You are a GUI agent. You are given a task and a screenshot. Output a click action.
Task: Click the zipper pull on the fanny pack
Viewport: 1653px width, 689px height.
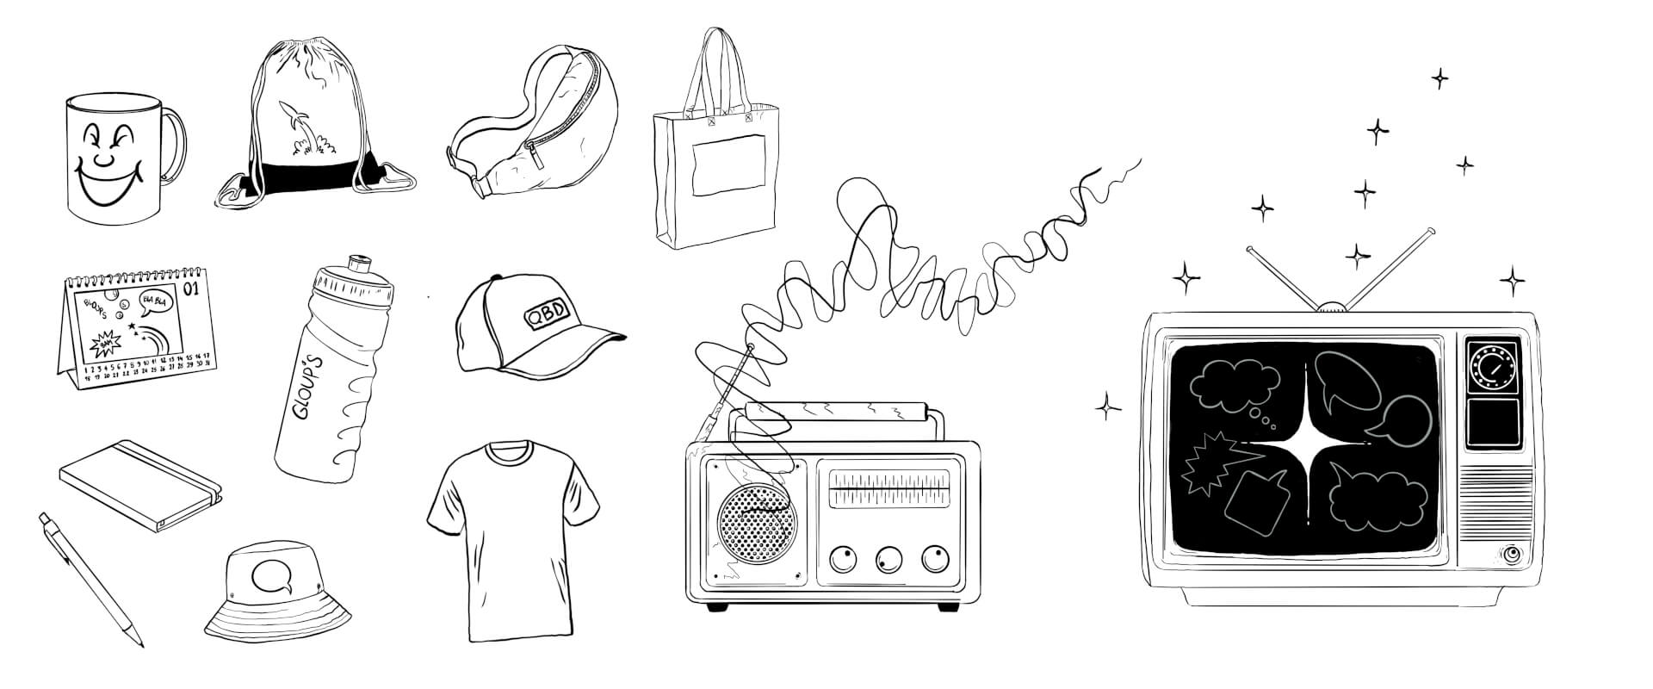535,158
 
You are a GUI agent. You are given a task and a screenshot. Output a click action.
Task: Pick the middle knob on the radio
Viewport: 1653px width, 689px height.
888,560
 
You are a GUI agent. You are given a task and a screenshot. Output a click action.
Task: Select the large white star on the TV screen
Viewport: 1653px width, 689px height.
1307,447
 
